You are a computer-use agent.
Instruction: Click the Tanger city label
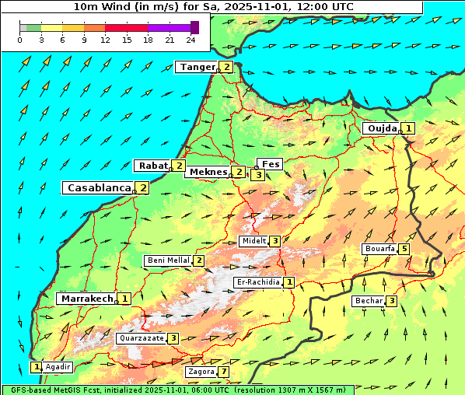[x=197, y=67]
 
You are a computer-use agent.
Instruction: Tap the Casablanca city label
[x=99, y=187]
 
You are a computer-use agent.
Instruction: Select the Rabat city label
[x=152, y=166]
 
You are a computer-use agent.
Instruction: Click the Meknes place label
[x=208, y=172]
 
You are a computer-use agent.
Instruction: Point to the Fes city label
[x=271, y=164]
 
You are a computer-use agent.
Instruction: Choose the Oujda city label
[x=382, y=128]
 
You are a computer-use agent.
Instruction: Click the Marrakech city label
[x=86, y=299]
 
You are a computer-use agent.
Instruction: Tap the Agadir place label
[x=58, y=366]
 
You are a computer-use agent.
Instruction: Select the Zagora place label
[x=201, y=372]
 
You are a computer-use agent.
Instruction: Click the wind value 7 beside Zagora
[x=224, y=372]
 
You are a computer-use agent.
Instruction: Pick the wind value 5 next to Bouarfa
[x=404, y=250]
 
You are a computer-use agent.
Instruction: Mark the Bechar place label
[x=369, y=301]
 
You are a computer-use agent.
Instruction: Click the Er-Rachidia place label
[x=257, y=282]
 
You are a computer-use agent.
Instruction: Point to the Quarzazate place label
[x=141, y=338]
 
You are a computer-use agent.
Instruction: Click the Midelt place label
[x=253, y=241]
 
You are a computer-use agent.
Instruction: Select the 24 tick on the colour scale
[x=191, y=40]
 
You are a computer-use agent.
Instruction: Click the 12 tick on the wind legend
[x=105, y=40]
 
